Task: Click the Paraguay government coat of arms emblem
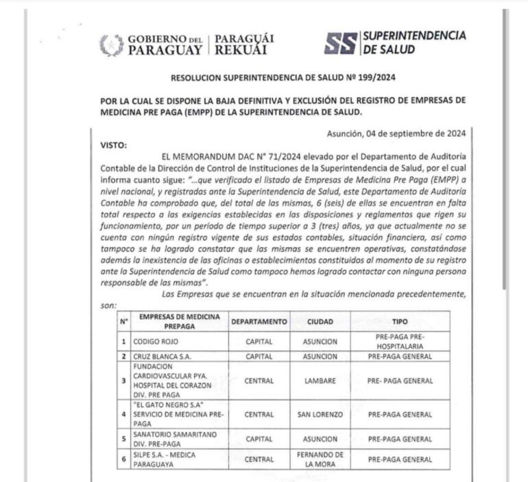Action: click(x=112, y=45)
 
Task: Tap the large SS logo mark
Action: click(x=340, y=44)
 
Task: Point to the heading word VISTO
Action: click(x=114, y=145)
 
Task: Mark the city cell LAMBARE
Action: click(x=320, y=381)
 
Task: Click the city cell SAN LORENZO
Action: click(x=320, y=414)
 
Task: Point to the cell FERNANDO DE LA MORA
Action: click(x=320, y=459)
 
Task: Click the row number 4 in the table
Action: click(x=124, y=414)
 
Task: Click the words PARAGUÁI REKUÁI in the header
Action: click(x=244, y=45)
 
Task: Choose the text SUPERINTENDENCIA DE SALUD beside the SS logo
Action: click(x=413, y=43)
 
